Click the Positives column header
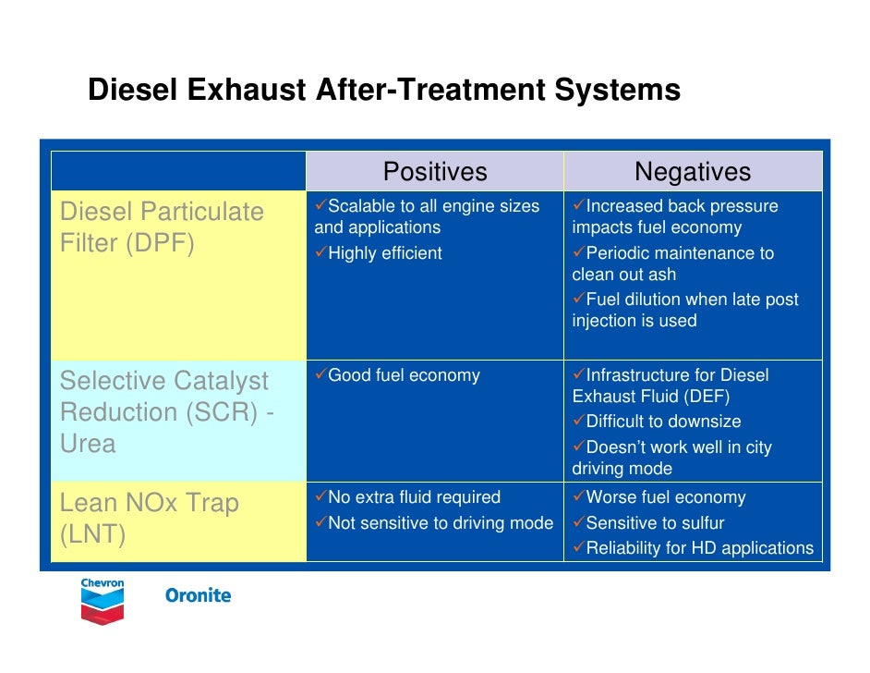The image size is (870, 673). click(x=435, y=172)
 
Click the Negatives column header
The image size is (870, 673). click(x=693, y=172)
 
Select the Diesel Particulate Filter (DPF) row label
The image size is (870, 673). click(x=162, y=227)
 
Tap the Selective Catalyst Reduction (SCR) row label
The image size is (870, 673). click(x=166, y=412)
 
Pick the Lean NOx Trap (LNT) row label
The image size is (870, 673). click(x=149, y=519)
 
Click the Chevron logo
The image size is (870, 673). click(x=103, y=601)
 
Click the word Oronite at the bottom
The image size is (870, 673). click(x=198, y=595)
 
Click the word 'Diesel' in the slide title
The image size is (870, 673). click(x=132, y=91)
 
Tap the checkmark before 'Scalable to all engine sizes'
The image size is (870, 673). click(x=320, y=205)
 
